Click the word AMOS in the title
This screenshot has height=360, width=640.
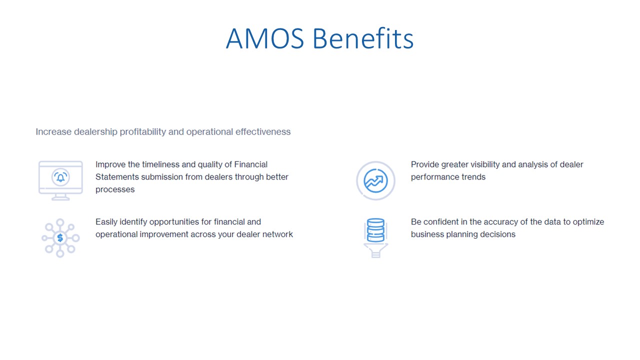pyautogui.click(x=264, y=39)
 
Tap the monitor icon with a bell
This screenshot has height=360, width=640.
pyautogui.click(x=60, y=180)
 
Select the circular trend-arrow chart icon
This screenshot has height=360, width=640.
pyautogui.click(x=375, y=180)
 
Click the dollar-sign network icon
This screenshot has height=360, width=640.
pyautogui.click(x=60, y=238)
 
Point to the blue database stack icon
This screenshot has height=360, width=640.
pyautogui.click(x=375, y=230)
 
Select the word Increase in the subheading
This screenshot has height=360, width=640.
pyautogui.click(x=53, y=132)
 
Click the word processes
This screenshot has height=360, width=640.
pyautogui.click(x=115, y=189)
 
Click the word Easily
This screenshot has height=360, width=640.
pyautogui.click(x=107, y=222)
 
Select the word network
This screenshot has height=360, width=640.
pyautogui.click(x=277, y=234)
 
